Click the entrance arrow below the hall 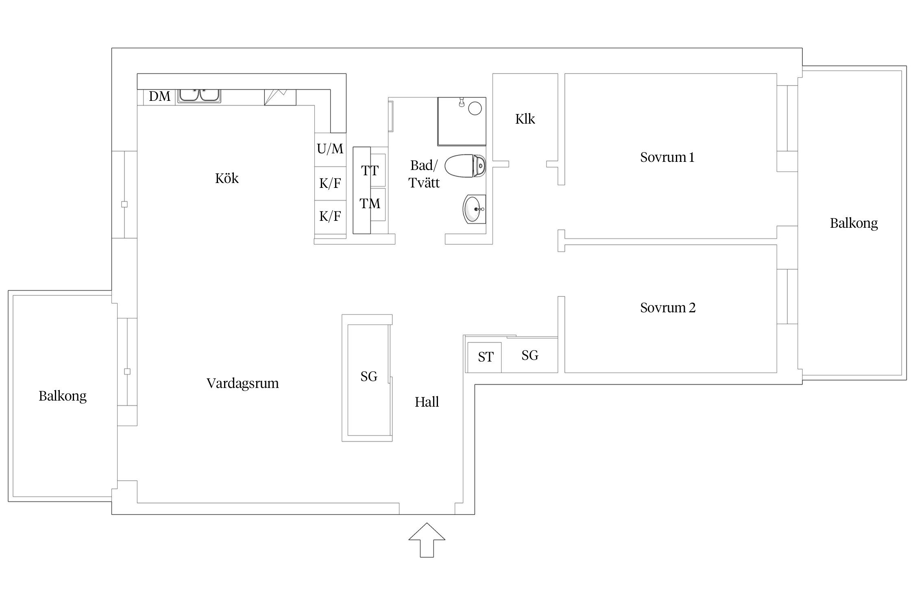(427, 540)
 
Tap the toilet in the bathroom (465, 166)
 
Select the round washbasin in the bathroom (474, 209)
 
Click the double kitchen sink (199, 96)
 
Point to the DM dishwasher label (159, 96)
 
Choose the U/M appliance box (330, 150)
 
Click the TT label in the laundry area (370, 170)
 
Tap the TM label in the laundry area (370, 203)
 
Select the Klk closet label (525, 119)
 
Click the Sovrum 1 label (667, 157)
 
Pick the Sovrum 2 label (668, 308)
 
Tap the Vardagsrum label (243, 383)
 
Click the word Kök (227, 178)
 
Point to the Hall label (427, 402)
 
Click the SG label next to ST (530, 355)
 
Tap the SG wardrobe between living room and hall (368, 378)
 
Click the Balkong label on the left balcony (63, 396)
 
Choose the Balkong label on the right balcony (854, 223)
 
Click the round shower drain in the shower (475, 108)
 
